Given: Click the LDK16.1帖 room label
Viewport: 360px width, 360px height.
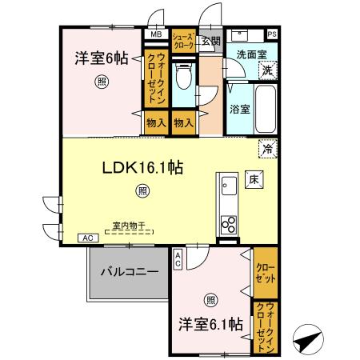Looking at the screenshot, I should point(143,168).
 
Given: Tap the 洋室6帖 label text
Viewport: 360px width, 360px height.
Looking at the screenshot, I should point(101,58).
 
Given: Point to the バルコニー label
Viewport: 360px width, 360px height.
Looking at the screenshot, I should point(129,271).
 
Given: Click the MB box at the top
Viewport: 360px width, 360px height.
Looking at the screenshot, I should point(154,34).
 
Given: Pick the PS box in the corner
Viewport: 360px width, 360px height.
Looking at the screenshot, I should point(272,34).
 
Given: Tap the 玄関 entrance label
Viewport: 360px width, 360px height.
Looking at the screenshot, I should point(210,40).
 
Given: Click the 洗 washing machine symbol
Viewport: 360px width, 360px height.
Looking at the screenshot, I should point(269,70).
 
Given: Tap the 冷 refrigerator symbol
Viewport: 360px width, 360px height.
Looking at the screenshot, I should point(268,149).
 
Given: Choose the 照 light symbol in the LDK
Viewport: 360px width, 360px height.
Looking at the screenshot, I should point(142,190).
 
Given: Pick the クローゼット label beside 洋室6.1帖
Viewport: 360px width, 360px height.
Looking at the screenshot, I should point(266,272).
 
